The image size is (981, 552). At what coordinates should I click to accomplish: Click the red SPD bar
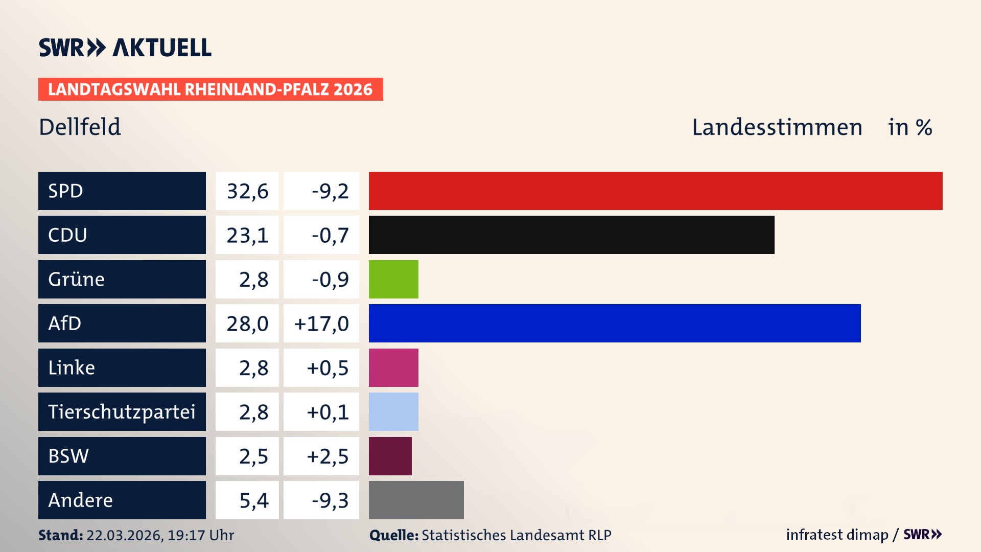[656, 191]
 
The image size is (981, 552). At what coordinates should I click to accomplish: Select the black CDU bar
[571, 235]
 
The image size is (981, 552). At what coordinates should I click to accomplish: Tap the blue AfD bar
[615, 324]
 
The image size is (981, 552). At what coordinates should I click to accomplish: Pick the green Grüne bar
[393, 280]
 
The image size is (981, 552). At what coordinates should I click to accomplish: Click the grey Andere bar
[416, 500]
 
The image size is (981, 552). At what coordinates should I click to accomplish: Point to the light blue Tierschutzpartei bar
[393, 412]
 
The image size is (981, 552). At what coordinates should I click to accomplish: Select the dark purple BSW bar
[390, 456]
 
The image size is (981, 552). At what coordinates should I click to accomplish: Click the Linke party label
[72, 368]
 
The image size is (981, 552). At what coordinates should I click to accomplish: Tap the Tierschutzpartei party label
[122, 412]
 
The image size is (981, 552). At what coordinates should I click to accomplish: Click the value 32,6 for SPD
[247, 191]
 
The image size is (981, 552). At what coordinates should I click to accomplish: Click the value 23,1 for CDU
[247, 236]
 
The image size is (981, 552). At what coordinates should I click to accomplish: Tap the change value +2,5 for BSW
[328, 456]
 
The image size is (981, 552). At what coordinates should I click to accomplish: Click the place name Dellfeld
[80, 127]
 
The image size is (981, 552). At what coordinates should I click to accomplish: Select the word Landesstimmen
[777, 127]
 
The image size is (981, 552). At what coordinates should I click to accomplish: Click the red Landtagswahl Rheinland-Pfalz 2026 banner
[211, 89]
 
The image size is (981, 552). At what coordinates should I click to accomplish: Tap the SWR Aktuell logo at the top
[125, 48]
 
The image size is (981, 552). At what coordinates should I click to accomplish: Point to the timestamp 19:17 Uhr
[201, 535]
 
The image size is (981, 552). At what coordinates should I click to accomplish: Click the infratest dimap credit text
[837, 535]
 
